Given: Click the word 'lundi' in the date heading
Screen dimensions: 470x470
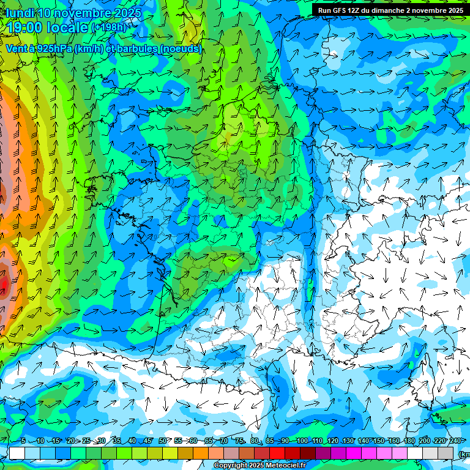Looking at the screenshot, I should click(20, 13).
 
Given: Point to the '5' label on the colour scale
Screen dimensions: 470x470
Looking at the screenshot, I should click(23, 441).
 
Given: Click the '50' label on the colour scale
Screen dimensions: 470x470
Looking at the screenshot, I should click(162, 441).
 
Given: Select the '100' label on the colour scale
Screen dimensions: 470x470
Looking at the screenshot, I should click(302, 441).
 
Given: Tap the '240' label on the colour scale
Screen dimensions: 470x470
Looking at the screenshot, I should click(455, 441).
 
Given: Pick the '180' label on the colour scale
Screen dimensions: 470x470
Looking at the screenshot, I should click(409, 441).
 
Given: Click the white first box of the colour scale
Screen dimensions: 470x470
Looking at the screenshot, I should click(17, 453).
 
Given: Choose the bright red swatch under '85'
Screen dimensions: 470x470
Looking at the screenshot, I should click(277, 453).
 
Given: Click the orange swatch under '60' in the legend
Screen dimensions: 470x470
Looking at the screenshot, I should click(201, 453).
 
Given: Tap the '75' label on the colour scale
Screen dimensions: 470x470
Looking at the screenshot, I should click(239, 441).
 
